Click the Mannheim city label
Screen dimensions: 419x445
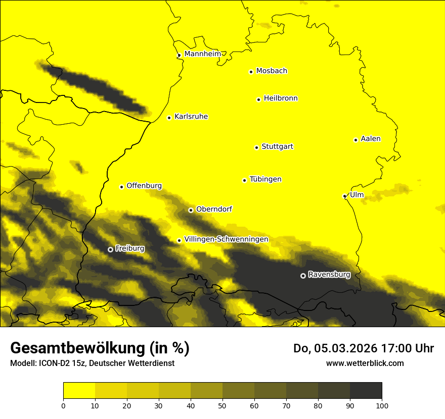click(202, 54)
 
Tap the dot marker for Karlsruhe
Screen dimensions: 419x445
click(169, 118)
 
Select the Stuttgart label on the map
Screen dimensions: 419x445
click(277, 147)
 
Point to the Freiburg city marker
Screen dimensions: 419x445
click(110, 249)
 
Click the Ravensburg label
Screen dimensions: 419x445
click(329, 275)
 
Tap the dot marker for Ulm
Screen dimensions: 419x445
click(345, 196)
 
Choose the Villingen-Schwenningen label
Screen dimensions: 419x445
click(226, 239)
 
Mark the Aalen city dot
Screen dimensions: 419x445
click(355, 140)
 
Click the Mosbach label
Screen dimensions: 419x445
click(272, 71)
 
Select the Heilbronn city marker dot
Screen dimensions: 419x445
click(258, 99)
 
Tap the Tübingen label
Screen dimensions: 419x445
click(265, 179)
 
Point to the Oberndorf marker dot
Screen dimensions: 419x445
click(191, 210)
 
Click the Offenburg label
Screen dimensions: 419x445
click(144, 186)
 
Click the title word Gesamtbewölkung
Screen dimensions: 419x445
click(77, 348)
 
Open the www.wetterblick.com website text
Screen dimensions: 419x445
click(365, 363)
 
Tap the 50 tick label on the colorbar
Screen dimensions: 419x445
click(223, 405)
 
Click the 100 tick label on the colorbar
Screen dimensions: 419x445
click(381, 405)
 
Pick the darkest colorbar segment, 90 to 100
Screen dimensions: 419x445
click(366, 391)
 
